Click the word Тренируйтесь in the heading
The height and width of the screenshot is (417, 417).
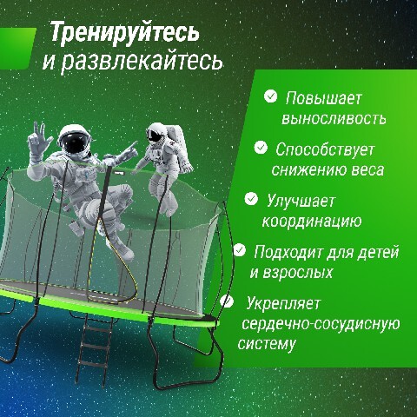click(125, 33)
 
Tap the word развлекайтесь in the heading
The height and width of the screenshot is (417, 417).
click(142, 61)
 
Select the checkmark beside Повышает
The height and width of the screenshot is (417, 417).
click(271, 96)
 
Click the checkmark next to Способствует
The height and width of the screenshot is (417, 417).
click(261, 148)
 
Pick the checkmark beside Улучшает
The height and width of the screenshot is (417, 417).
click(251, 199)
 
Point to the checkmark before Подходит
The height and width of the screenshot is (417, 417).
click(240, 250)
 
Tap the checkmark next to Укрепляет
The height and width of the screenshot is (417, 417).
click(227, 301)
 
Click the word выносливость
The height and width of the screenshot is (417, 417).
click(334, 118)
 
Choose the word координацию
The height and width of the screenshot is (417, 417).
click(312, 222)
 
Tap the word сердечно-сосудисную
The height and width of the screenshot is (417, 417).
click(321, 324)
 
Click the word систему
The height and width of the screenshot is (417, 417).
click(267, 344)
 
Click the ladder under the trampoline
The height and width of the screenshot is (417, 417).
click(94, 349)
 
